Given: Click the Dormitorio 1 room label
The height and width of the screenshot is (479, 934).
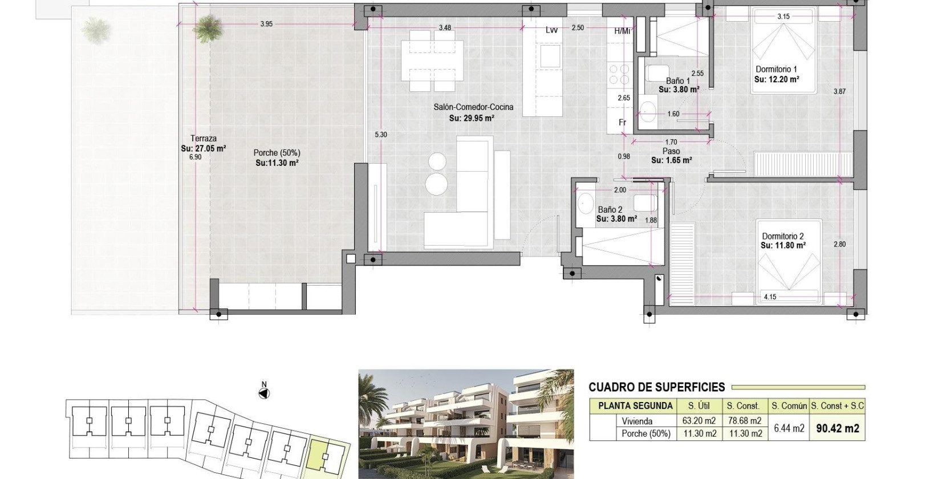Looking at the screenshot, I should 775,69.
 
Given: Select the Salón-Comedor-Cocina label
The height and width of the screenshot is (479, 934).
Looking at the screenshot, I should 473,107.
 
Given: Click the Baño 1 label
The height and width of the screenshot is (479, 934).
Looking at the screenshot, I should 677,81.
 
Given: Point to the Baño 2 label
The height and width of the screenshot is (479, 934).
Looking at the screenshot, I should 610,210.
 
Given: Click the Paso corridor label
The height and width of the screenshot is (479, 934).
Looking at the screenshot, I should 671,151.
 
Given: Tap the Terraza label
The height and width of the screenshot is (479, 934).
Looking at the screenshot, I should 203,139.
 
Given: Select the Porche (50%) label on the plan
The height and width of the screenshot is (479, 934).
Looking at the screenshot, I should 277,153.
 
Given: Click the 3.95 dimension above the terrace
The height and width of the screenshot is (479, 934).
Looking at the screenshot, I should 266,24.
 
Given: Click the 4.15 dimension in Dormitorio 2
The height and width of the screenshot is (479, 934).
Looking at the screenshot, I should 770,297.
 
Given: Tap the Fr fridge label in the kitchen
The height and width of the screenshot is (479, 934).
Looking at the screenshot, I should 623,123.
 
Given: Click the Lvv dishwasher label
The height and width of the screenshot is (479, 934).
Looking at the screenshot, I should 551,30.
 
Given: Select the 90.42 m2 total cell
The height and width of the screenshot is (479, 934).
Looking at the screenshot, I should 838,428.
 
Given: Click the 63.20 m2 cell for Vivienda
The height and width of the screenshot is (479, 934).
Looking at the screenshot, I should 699,421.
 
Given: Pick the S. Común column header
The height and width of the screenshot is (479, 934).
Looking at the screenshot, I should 789,406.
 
